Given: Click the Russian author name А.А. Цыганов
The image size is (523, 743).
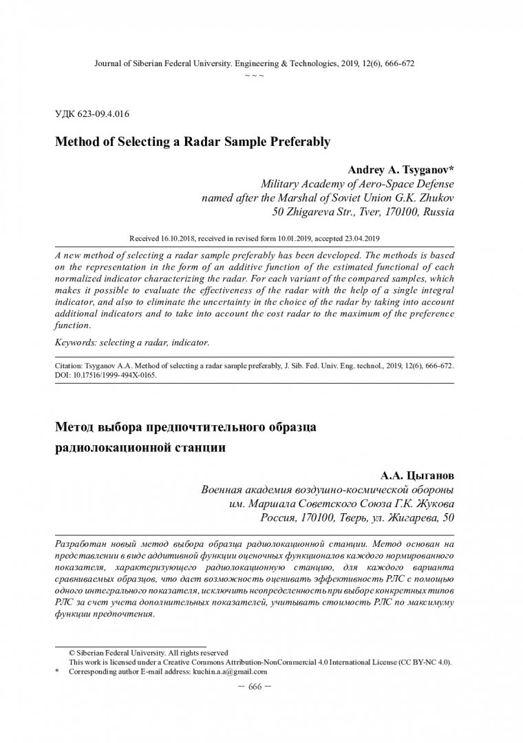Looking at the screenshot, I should pos(417,475).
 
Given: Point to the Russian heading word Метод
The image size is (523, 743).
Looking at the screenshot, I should pos(73,427).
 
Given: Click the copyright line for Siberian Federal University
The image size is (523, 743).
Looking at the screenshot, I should pos(147,652).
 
